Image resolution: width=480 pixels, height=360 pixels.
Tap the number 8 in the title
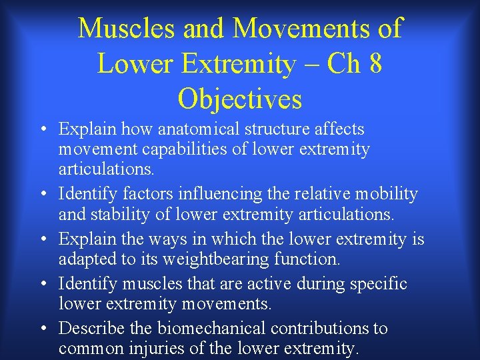pos(375,64)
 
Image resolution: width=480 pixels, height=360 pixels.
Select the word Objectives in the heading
pos(240,99)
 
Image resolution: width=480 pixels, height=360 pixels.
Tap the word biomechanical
pos(201,329)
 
